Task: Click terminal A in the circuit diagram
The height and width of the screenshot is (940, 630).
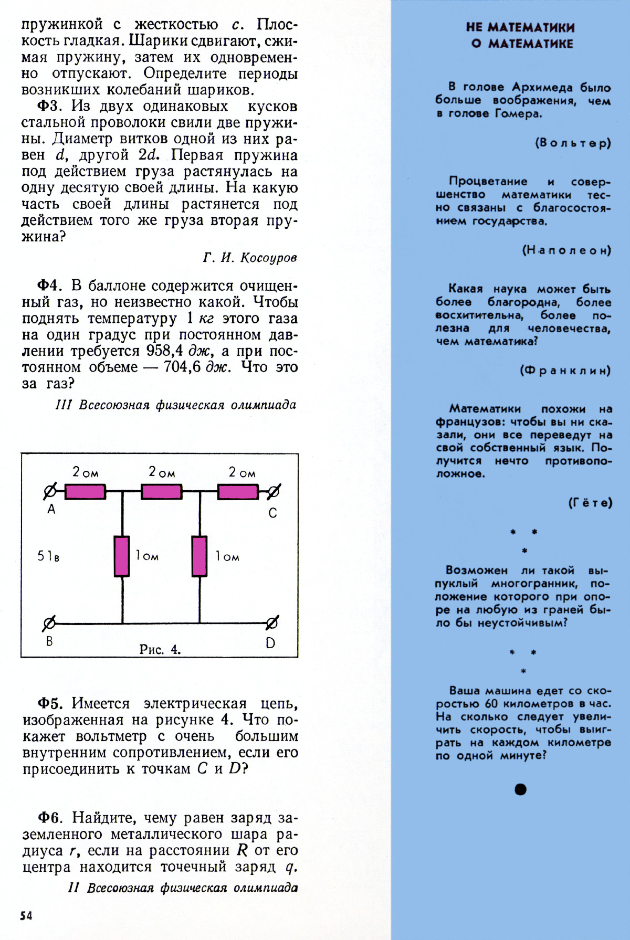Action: coord(50,492)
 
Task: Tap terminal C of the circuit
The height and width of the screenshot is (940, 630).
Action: coord(273,492)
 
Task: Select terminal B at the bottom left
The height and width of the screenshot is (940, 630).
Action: coord(49,624)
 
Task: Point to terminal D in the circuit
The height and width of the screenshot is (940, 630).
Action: coord(272,624)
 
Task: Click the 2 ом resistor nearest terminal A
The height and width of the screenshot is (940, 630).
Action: coord(85,492)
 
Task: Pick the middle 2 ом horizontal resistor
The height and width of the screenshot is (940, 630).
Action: coord(162,492)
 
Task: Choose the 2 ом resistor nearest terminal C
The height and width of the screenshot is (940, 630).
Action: coord(238,492)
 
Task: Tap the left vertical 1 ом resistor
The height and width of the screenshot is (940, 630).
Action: coord(122,556)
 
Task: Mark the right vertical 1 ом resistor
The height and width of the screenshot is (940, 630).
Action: coord(199,556)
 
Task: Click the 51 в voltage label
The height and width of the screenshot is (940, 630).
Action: coord(48,556)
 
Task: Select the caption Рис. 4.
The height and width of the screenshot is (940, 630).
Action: coord(160,649)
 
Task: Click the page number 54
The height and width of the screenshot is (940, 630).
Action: coord(26,915)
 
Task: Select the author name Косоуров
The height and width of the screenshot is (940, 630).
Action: coord(269,258)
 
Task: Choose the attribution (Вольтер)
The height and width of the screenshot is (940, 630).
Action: coord(573,143)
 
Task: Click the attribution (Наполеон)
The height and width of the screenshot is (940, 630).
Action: coord(566,250)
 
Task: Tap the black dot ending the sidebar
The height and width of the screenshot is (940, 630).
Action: coord(520,789)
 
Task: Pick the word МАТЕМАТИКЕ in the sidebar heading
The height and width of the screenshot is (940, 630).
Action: coord(531,44)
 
